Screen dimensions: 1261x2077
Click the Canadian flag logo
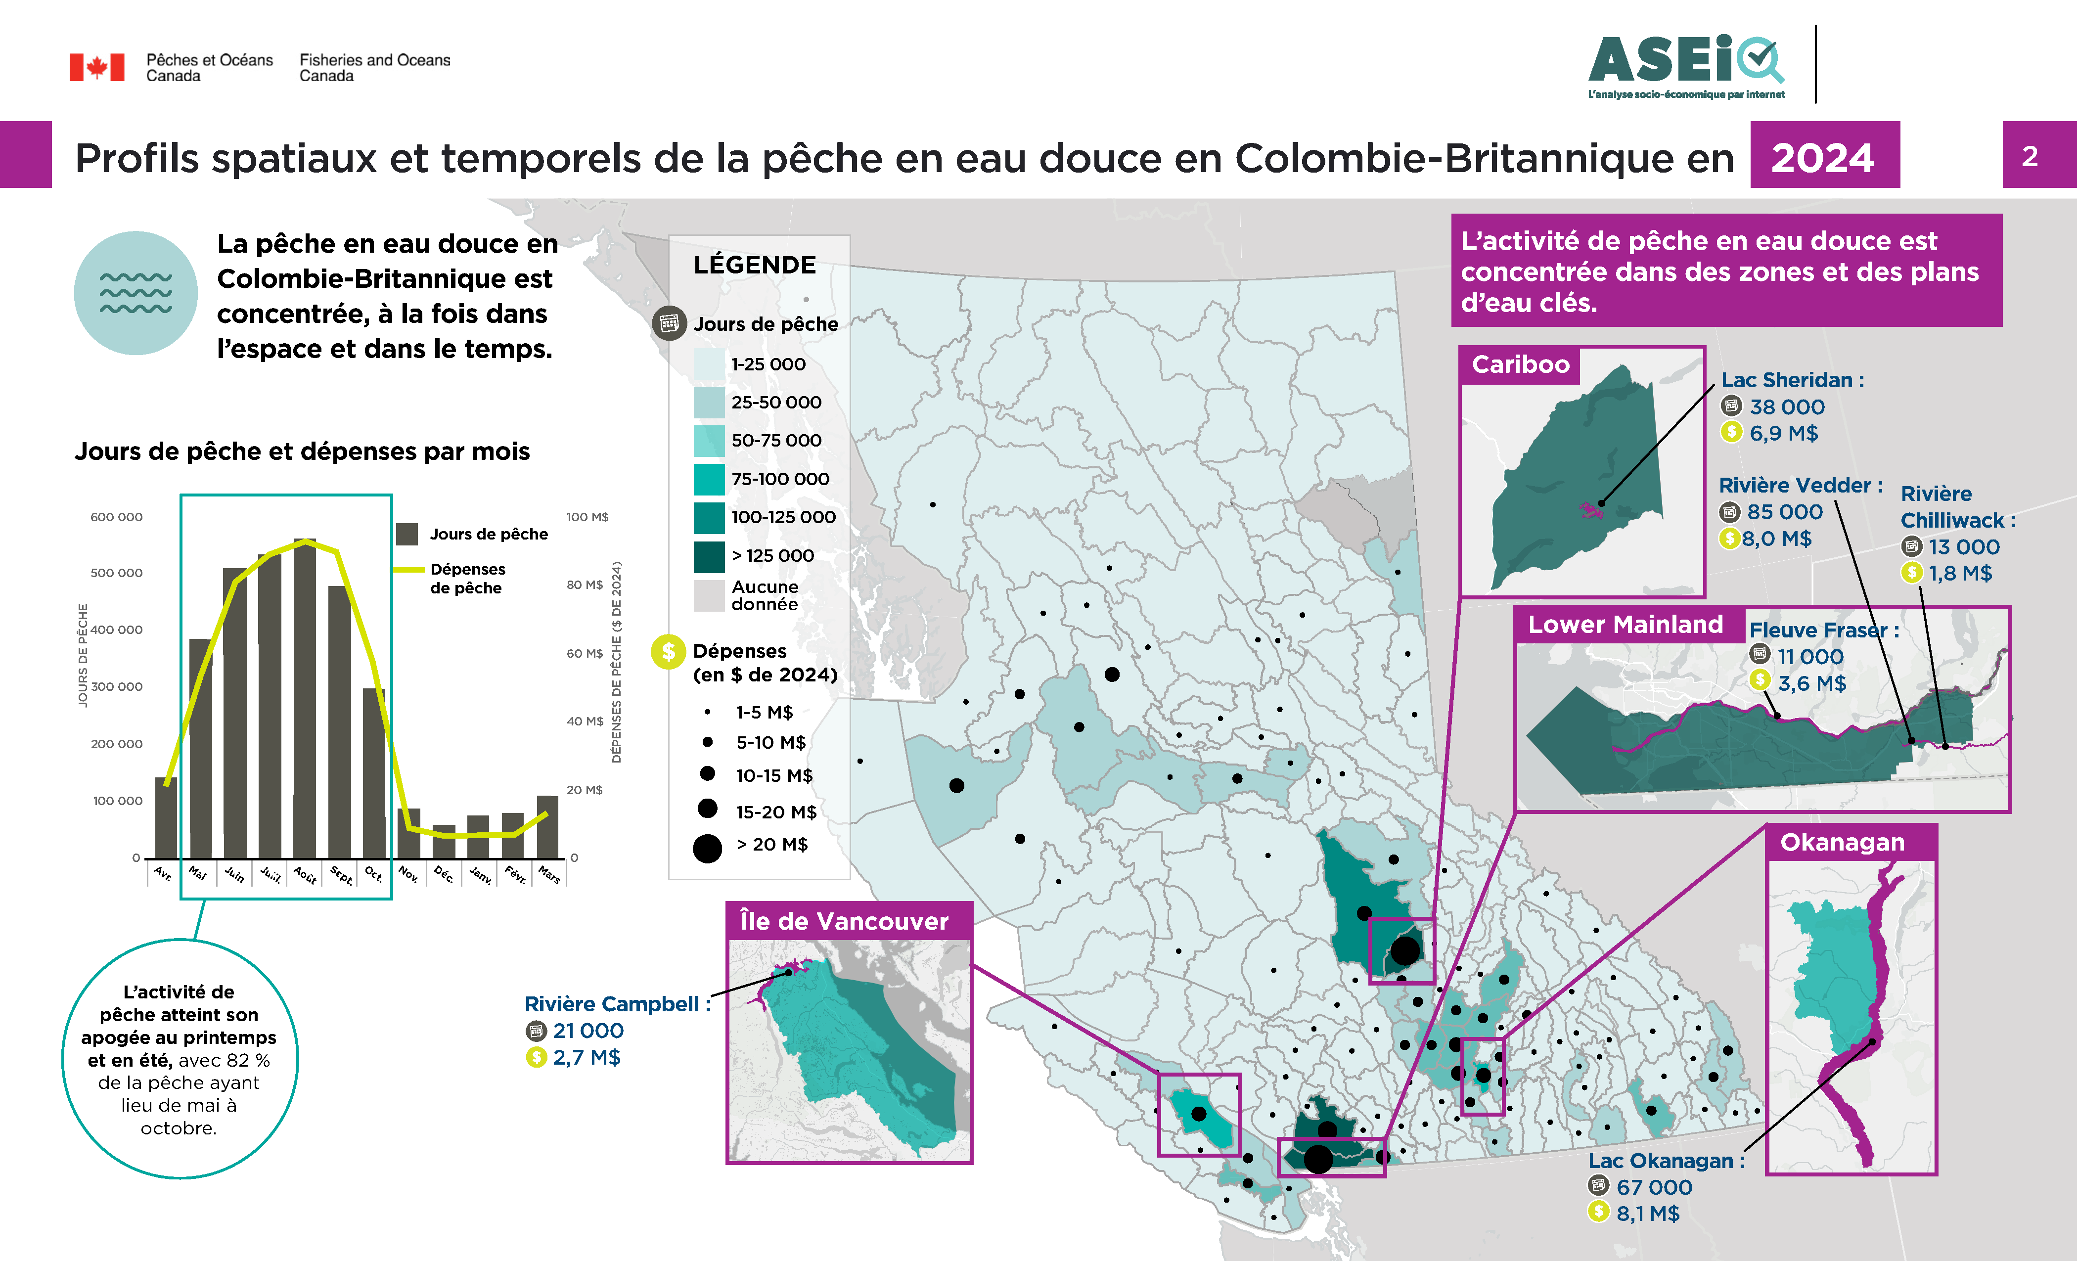[x=97, y=67]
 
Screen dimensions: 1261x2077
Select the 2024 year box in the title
[x=1824, y=157]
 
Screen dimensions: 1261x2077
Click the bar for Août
[x=305, y=700]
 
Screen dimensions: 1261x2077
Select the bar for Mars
[x=548, y=826]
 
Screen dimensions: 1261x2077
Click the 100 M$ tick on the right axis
[x=587, y=517]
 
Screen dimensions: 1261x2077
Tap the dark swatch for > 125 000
[x=709, y=556]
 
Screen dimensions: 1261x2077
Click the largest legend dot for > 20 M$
[x=707, y=848]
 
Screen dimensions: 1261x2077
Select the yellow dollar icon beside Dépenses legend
[x=668, y=652]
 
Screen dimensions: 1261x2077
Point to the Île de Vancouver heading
[x=844, y=921]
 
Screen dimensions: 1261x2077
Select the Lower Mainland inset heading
[x=1625, y=625]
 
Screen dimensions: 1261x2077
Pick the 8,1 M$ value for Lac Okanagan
[x=1647, y=1214]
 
